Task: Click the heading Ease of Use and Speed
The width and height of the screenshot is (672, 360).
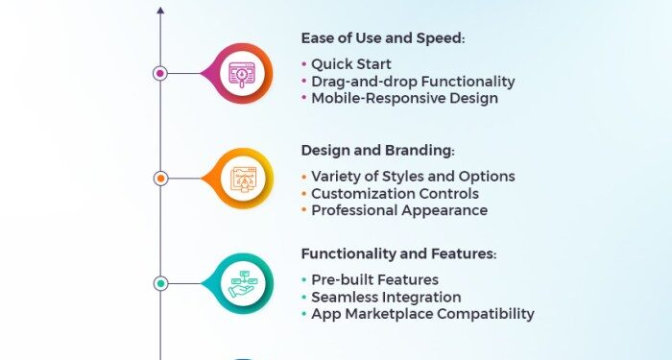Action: [x=382, y=38]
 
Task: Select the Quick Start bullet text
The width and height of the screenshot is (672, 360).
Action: [x=351, y=64]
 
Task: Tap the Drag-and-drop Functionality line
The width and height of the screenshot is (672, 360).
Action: [x=413, y=82]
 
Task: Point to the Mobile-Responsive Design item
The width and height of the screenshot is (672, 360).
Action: [x=404, y=98]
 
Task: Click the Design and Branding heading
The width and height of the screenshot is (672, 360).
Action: [x=377, y=151]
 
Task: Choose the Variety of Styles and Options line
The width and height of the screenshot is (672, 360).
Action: [x=413, y=177]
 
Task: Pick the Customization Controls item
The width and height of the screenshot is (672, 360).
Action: [x=395, y=194]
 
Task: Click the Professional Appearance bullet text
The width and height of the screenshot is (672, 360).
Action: [x=399, y=210]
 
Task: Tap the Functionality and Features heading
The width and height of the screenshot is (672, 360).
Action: [x=398, y=254]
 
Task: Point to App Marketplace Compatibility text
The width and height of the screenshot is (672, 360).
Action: [x=422, y=314]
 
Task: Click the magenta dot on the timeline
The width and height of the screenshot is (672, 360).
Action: [x=160, y=73]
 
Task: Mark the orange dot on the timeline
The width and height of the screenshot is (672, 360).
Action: [x=160, y=178]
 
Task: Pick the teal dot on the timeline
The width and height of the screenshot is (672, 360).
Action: [x=160, y=283]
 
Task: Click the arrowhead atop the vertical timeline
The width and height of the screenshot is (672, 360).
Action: [x=160, y=11]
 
